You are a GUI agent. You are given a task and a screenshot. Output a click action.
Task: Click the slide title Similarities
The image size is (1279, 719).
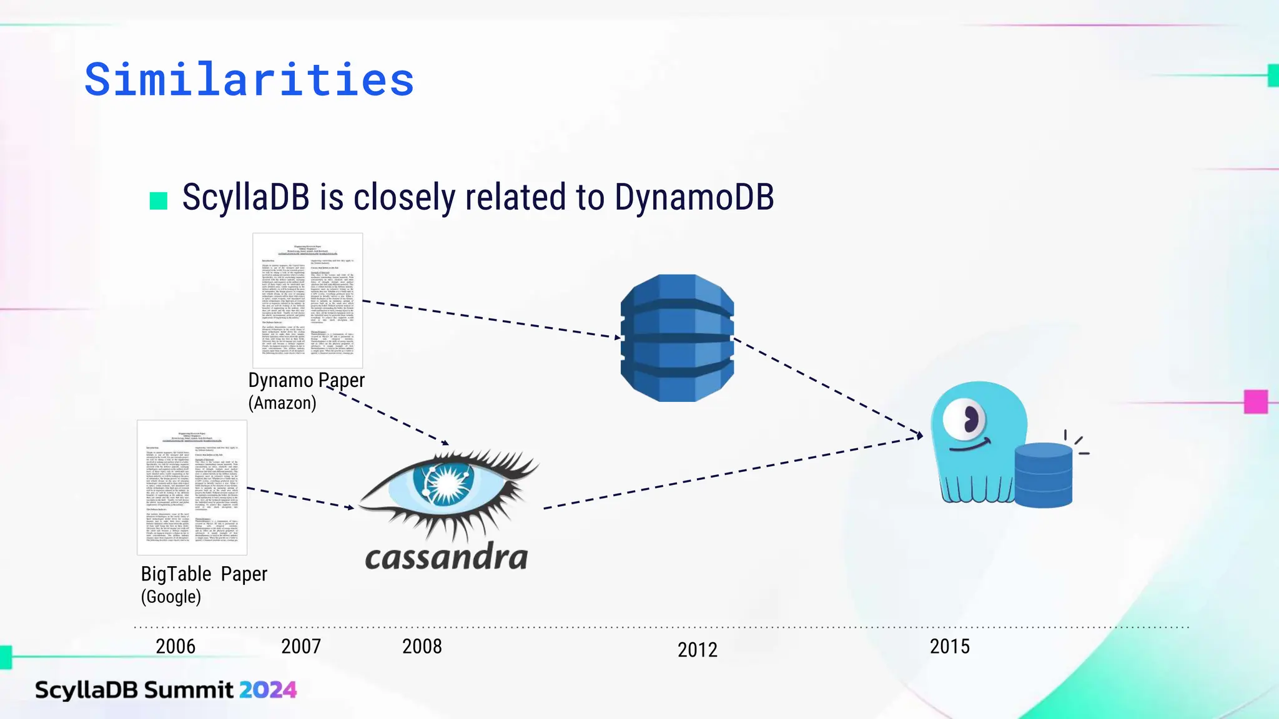(249, 80)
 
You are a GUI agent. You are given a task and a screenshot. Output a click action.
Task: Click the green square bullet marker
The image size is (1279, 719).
(159, 200)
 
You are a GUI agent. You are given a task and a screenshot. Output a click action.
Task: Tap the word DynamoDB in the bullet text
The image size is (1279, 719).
(694, 197)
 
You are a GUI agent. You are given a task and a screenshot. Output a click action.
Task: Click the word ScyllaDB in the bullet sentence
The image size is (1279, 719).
(245, 197)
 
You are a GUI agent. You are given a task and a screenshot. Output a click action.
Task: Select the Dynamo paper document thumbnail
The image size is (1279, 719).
(307, 300)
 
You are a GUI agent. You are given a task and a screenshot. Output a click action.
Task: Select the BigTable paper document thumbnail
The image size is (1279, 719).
(192, 487)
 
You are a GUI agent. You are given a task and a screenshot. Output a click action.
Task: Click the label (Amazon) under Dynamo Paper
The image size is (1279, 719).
(282, 403)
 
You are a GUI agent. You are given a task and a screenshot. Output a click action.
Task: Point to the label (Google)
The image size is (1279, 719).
(170, 597)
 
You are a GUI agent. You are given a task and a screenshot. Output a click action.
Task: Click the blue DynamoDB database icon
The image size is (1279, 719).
(677, 338)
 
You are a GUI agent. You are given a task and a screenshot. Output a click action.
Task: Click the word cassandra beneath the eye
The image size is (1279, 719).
(446, 557)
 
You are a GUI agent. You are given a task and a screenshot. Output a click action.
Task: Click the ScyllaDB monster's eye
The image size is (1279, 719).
(965, 419)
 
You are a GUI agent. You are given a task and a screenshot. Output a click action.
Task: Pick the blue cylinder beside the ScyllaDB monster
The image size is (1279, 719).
(1043, 475)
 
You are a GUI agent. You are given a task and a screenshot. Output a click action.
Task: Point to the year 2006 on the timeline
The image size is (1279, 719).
(175, 647)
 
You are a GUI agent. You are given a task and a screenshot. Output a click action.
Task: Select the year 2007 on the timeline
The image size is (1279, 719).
(301, 647)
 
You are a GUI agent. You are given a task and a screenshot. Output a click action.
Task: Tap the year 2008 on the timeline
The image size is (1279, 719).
(422, 647)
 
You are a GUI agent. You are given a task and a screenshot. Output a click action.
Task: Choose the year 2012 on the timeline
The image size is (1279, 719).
(698, 650)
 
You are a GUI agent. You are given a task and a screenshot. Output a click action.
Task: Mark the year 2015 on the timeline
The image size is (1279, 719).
(949, 647)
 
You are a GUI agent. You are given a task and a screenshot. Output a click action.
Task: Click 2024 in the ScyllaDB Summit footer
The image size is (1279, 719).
(267, 690)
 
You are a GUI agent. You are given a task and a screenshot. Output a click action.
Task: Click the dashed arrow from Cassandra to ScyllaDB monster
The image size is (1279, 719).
(731, 472)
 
